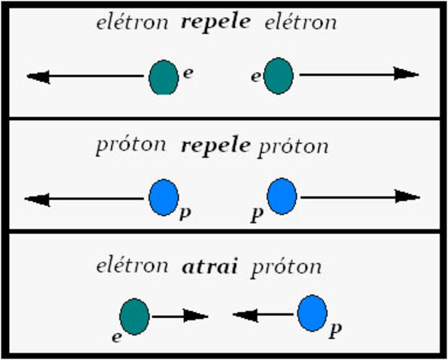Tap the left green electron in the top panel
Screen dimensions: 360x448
(x=163, y=76)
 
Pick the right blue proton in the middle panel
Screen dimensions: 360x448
(x=282, y=196)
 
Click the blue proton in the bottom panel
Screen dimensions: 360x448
(x=311, y=313)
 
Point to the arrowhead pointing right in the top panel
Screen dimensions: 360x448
(x=406, y=74)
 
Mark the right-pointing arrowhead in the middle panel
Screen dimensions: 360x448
(x=406, y=197)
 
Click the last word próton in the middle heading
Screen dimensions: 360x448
(x=293, y=146)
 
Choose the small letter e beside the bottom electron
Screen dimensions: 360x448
(x=118, y=337)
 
